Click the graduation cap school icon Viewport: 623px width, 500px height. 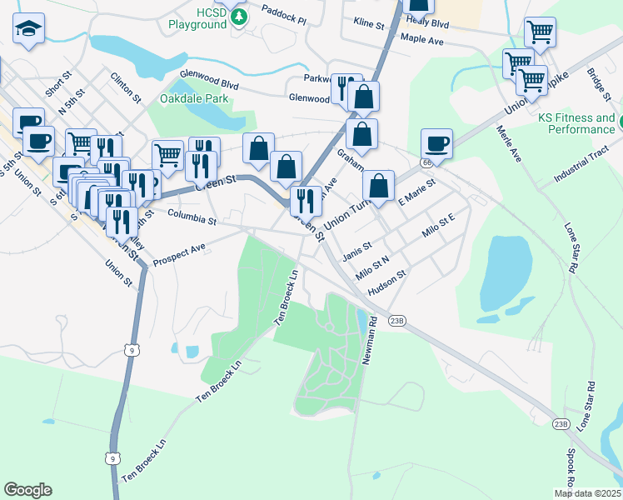pos(29,31)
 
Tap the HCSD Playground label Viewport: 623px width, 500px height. pos(197,17)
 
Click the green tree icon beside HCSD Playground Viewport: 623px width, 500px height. pos(241,17)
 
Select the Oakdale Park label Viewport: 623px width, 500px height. pos(194,99)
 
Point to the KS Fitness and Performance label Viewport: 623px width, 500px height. pos(576,124)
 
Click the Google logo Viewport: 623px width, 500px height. pos(27,490)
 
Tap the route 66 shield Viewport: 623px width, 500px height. pos(427,162)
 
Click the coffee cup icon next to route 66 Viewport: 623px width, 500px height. pos(436,142)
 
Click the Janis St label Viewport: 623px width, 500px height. pos(356,251)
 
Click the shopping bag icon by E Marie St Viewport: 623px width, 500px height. pos(378,186)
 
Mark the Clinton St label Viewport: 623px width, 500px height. pos(127,86)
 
